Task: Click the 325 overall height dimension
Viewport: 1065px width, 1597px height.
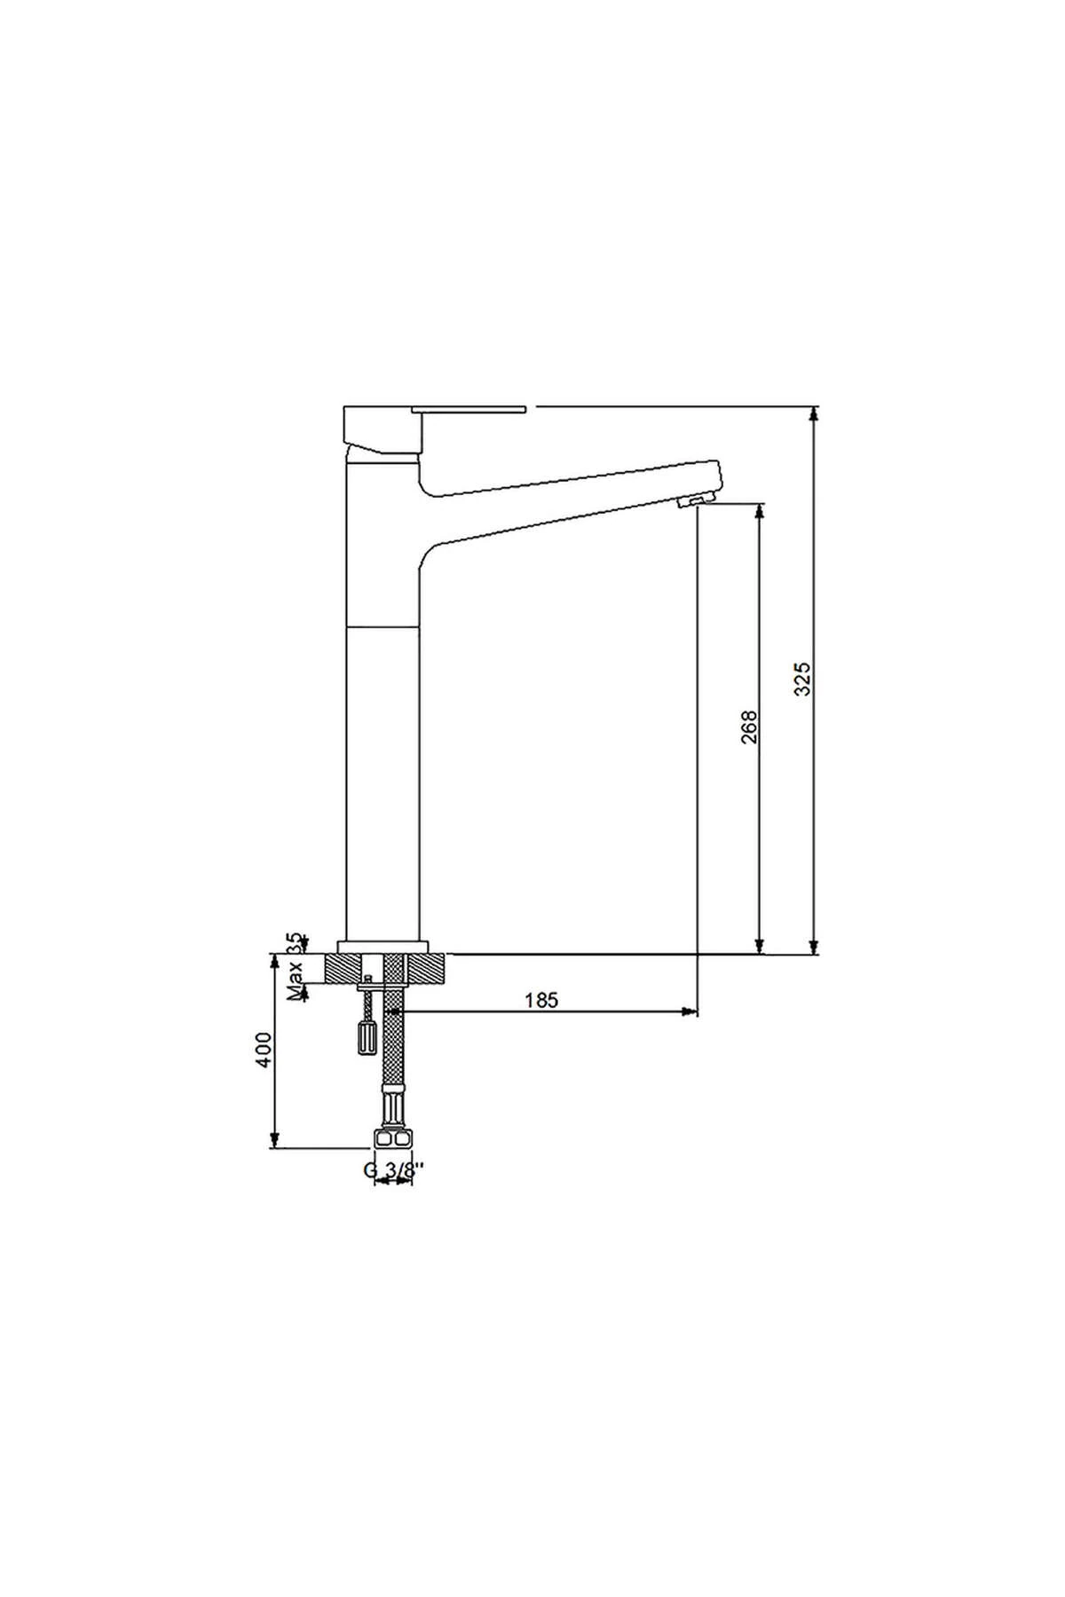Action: pos(801,679)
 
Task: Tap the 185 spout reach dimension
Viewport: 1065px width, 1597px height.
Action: pos(541,1001)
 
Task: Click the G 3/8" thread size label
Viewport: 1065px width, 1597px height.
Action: pos(390,1170)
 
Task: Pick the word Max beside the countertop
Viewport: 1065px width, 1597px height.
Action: pos(295,979)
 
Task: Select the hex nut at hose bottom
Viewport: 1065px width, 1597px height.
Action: pos(393,1138)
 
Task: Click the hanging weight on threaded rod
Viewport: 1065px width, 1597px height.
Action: pos(366,1037)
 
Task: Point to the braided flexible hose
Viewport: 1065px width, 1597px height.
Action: pos(393,1047)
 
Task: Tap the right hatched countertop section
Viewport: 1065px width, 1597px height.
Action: pos(426,969)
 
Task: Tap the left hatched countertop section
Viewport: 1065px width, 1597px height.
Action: pos(346,969)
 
